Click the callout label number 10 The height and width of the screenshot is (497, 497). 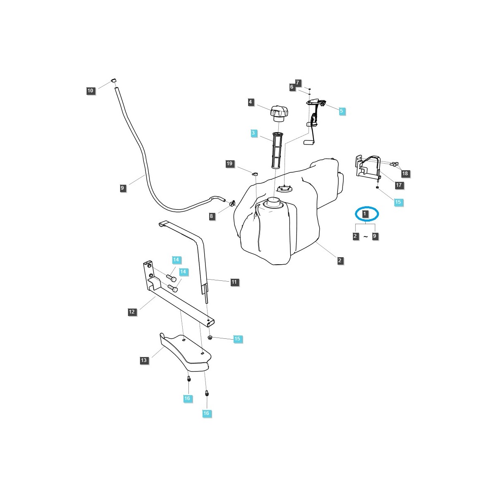[x=91, y=91]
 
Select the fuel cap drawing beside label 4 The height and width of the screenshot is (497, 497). [x=279, y=113]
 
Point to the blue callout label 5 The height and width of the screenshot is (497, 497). [x=341, y=111]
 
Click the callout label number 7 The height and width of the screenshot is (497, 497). [x=297, y=82]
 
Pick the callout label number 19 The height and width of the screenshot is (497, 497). [x=229, y=164]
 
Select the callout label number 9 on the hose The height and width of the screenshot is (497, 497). [x=122, y=188]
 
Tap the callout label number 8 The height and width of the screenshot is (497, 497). [x=212, y=216]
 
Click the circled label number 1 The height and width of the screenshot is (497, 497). [x=365, y=214]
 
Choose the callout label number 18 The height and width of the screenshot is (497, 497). [x=405, y=174]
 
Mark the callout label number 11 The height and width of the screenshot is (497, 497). [x=234, y=282]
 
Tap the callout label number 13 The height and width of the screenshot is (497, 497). [x=144, y=360]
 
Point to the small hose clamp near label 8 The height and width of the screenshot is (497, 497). [x=232, y=203]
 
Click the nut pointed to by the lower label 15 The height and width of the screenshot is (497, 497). [x=210, y=338]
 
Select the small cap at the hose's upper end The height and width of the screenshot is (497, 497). [x=114, y=80]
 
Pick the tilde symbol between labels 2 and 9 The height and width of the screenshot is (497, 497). [x=365, y=236]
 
